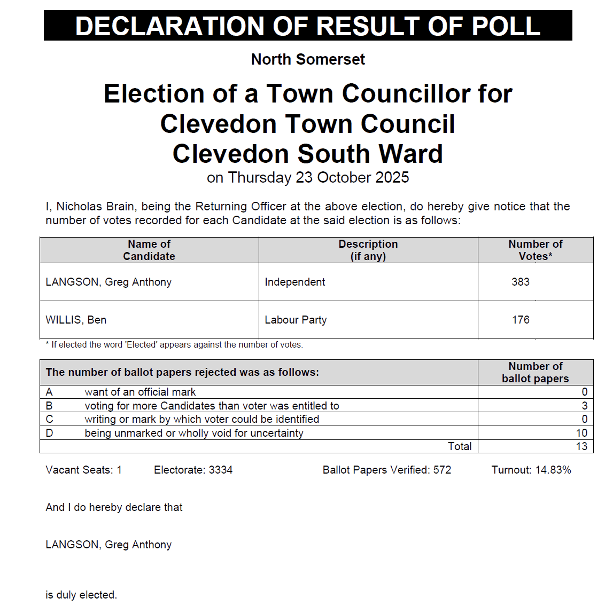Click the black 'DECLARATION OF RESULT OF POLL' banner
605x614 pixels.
pyautogui.click(x=308, y=26)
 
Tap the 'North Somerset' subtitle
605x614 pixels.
pyautogui.click(x=308, y=59)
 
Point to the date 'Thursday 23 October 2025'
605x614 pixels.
pyautogui.click(x=319, y=177)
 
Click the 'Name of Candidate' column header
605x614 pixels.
pyautogui.click(x=149, y=250)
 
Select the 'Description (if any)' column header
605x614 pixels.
pyautogui.click(x=368, y=250)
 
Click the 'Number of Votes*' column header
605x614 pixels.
pyautogui.click(x=535, y=250)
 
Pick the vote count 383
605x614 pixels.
pyautogui.click(x=521, y=282)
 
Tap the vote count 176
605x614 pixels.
pyautogui.click(x=521, y=320)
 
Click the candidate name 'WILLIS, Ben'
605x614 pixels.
pyautogui.click(x=76, y=320)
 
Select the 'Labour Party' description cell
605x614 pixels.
pyautogui.click(x=296, y=320)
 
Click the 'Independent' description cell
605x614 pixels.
pyautogui.click(x=295, y=282)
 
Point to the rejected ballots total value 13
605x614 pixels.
pyautogui.click(x=581, y=446)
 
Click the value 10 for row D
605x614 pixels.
pyautogui.click(x=581, y=433)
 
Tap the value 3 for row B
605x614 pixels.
pyautogui.click(x=584, y=406)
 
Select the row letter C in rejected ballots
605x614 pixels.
pyautogui.click(x=50, y=419)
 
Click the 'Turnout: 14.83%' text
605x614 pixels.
pyautogui.click(x=531, y=470)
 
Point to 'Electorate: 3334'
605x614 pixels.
pyautogui.click(x=193, y=470)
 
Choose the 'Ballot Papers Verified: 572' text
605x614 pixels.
pyautogui.click(x=387, y=470)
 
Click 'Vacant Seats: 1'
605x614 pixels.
pyautogui.click(x=84, y=470)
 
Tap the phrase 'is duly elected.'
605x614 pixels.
pyautogui.click(x=81, y=595)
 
